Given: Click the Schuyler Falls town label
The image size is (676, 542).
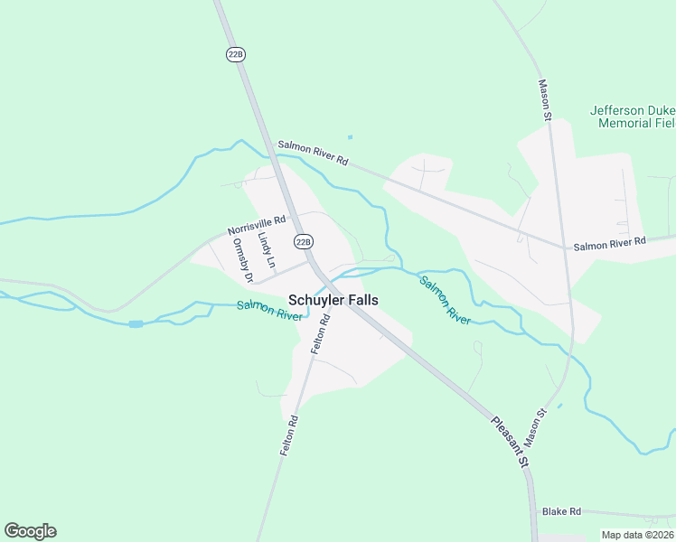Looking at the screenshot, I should point(333,300).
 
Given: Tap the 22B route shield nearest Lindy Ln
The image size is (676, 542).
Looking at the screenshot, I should point(304,241).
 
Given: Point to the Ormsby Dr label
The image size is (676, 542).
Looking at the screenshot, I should point(240,254).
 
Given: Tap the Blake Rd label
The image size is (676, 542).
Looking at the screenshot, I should point(561,511).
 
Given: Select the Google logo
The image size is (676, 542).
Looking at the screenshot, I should point(30,531).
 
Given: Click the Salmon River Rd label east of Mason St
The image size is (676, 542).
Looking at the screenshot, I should point(609,242).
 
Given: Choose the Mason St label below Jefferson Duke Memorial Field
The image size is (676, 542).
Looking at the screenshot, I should point(545,100).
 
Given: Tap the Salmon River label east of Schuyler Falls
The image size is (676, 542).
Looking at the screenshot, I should point(445,300).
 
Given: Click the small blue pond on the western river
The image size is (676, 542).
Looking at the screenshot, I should point(136,323).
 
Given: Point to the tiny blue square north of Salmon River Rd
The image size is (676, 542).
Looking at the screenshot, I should point(350,137).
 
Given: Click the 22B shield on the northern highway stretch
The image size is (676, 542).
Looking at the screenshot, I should point(236,54).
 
